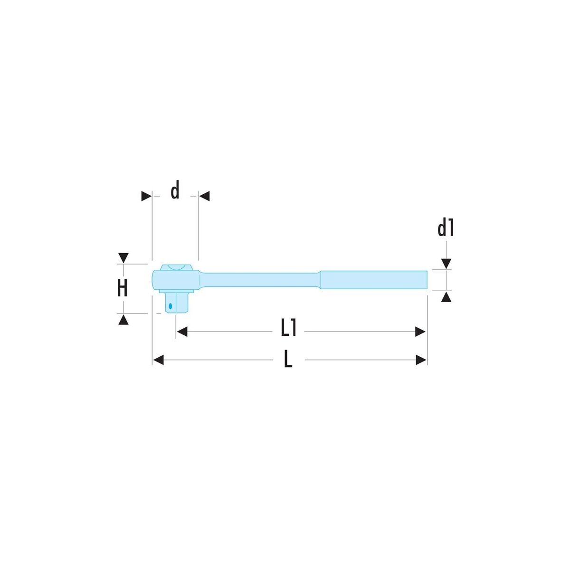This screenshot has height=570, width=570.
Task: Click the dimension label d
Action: pos(175,190)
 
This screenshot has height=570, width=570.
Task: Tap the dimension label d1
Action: pos(446,228)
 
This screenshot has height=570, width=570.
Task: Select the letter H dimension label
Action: pos(123,288)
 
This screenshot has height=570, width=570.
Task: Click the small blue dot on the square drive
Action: pos(170,306)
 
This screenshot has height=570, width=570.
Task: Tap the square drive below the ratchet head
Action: pos(176,302)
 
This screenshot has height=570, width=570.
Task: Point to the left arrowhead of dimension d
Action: pos(146,196)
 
